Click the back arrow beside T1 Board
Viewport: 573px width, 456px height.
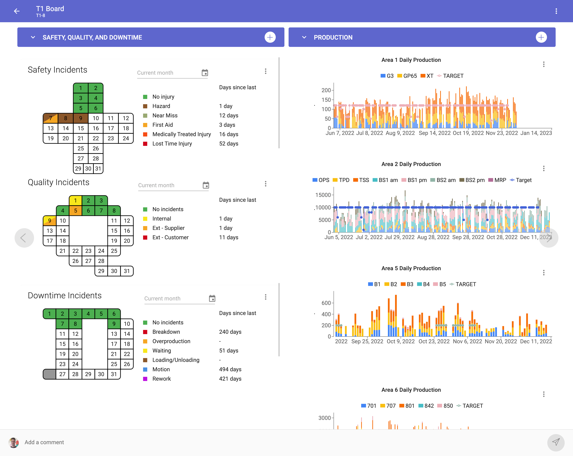pyautogui.click(x=17, y=11)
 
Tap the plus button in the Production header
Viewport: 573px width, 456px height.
pyautogui.click(x=541, y=38)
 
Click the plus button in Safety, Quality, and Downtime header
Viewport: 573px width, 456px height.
pyautogui.click(x=270, y=38)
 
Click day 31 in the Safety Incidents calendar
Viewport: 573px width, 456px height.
pyautogui.click(x=98, y=168)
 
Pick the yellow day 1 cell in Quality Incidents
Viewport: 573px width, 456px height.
pyautogui.click(x=76, y=201)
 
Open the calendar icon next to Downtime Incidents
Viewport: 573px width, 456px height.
pyautogui.click(x=212, y=299)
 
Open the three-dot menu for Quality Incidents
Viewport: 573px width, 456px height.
pyautogui.click(x=265, y=184)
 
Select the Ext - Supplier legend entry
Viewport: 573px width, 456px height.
pyautogui.click(x=168, y=228)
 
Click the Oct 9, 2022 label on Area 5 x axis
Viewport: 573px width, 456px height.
pyautogui.click(x=401, y=341)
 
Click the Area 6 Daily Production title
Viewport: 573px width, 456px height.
pyautogui.click(x=411, y=390)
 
